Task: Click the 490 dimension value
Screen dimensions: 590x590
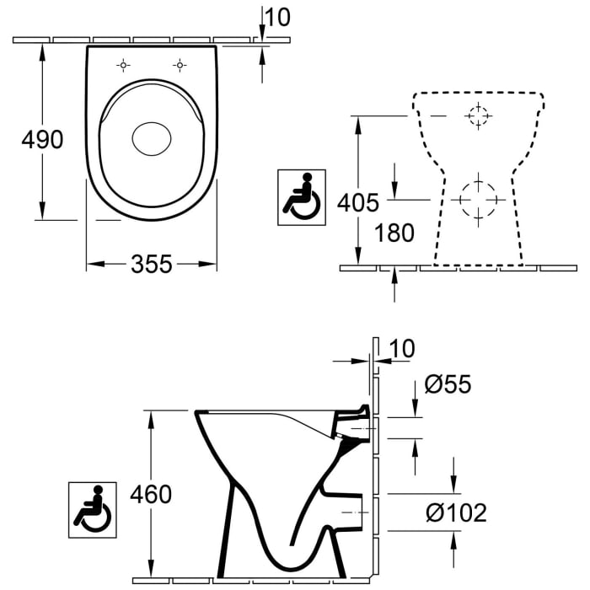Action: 42,139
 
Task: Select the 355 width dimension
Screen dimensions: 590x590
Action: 151,264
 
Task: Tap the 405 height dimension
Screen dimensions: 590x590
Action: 357,201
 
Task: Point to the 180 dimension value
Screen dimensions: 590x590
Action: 394,233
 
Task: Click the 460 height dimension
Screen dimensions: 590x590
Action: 150,494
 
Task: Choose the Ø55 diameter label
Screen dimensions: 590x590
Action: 448,385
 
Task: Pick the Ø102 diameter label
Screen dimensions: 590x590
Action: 456,512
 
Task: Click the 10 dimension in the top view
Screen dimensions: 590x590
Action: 277,16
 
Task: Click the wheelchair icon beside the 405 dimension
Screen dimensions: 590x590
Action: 302,197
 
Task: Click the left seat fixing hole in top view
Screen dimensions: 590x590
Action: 123,65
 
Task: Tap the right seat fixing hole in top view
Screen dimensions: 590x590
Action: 180,65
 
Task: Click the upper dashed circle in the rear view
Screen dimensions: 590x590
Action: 478,115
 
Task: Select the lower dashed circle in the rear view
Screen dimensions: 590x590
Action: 478,200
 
